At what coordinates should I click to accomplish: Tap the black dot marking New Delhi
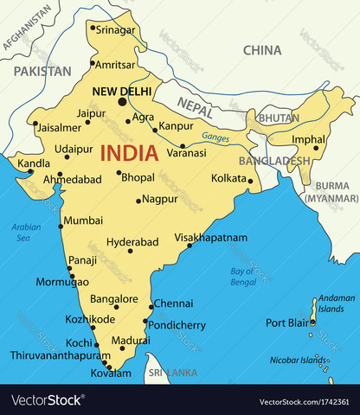click(x=122, y=102)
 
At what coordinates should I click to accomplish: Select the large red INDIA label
click(x=129, y=154)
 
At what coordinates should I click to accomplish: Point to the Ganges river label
click(x=215, y=137)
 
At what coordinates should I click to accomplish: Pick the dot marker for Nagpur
click(x=138, y=201)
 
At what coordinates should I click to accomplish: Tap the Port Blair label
click(x=287, y=323)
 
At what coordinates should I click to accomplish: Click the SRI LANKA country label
click(x=171, y=373)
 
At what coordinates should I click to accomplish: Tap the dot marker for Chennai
click(x=151, y=306)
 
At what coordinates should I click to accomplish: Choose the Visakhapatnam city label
click(x=210, y=237)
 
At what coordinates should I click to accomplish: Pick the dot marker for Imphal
click(x=316, y=148)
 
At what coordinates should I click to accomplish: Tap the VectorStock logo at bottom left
click(x=48, y=400)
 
